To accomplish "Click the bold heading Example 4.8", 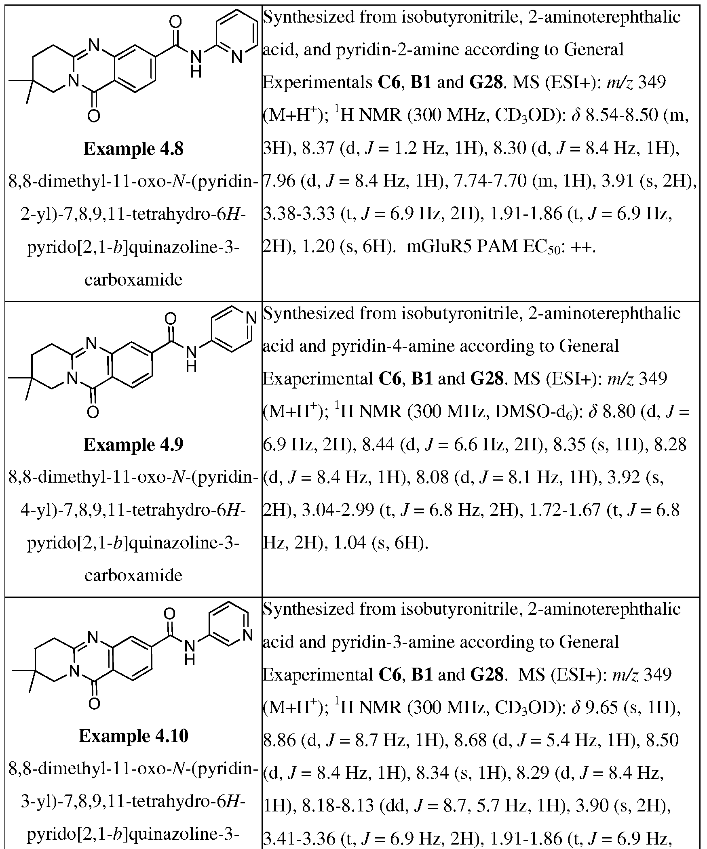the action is pyautogui.click(x=133, y=149).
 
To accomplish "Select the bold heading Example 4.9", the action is pyautogui.click(x=133, y=445).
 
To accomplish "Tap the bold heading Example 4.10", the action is pyautogui.click(x=133, y=736).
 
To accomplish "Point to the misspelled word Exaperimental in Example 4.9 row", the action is pyautogui.click(x=317, y=379).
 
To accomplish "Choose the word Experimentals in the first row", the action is pyautogui.click(x=317, y=83).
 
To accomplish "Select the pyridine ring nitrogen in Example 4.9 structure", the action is pyautogui.click(x=251, y=318).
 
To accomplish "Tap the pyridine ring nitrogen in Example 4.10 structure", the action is pyautogui.click(x=248, y=634).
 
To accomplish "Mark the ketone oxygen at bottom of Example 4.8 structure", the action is pyautogui.click(x=93, y=116).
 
